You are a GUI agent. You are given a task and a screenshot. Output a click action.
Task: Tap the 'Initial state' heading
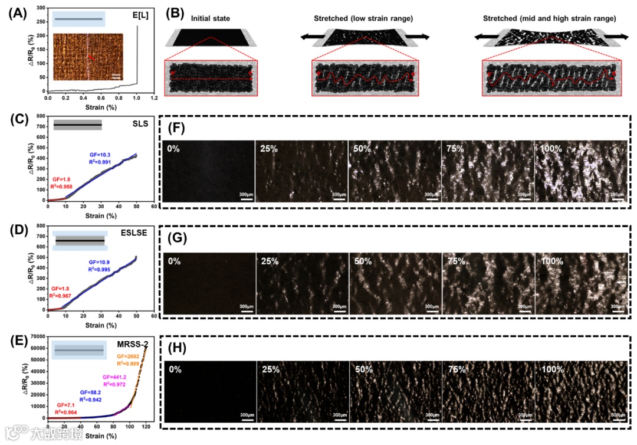click(x=211, y=19)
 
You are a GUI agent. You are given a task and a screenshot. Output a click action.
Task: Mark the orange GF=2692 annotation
click(x=128, y=356)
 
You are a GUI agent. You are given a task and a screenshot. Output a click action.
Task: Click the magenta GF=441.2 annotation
click(x=115, y=377)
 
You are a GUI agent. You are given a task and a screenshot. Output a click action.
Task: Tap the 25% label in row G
click(x=269, y=260)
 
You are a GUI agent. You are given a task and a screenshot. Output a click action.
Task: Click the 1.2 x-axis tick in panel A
click(x=154, y=99)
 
